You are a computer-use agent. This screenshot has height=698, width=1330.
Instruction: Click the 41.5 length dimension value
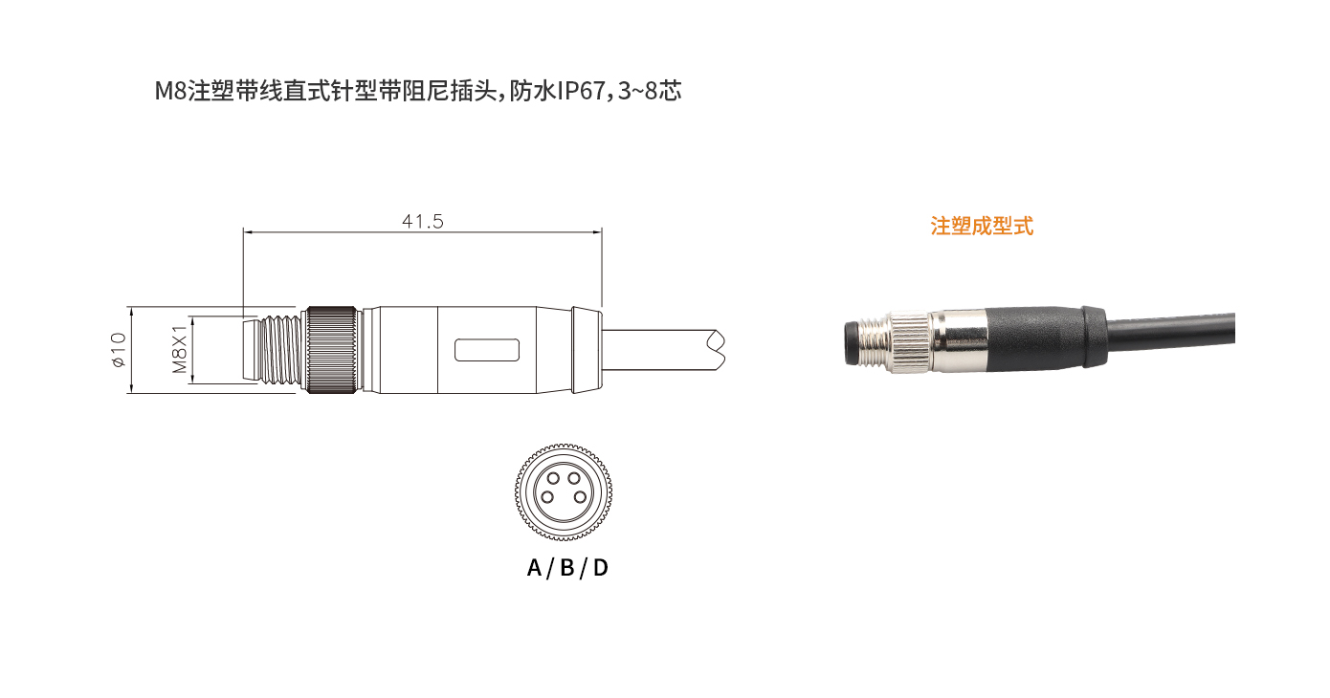422,222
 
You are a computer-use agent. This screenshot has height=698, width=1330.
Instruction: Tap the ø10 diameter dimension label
119,350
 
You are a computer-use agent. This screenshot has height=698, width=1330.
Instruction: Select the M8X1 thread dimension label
179,350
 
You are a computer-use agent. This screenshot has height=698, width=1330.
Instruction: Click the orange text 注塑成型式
982,227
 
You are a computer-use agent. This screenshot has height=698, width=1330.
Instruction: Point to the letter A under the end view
534,568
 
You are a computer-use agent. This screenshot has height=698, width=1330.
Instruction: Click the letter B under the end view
567,568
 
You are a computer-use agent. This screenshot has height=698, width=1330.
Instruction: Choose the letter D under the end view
600,568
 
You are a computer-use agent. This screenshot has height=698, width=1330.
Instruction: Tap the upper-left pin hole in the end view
553,478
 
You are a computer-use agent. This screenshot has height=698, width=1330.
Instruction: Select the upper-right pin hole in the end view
573,478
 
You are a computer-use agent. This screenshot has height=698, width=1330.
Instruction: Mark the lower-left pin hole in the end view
547,497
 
